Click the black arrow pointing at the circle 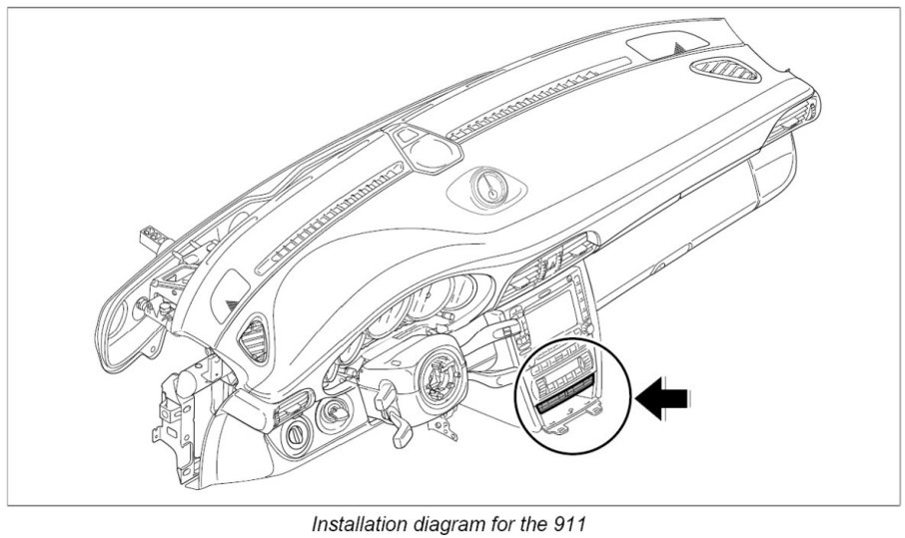coord(665,399)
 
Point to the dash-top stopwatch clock coord(487,187)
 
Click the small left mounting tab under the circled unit coord(560,429)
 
